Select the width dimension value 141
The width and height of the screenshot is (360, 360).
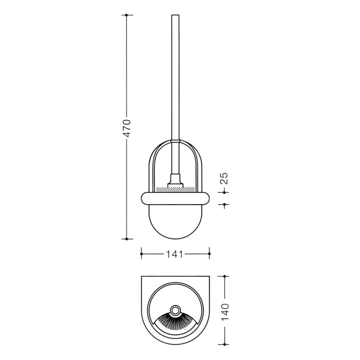pyautogui.click(x=175, y=253)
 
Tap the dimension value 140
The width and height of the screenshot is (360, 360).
pyautogui.click(x=225, y=311)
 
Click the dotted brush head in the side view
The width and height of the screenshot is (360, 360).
pyautogui.click(x=175, y=189)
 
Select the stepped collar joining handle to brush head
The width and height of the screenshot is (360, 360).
pyautogui.click(x=175, y=181)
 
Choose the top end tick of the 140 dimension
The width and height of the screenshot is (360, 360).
pyautogui.click(x=225, y=277)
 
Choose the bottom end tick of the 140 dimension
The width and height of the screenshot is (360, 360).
pyautogui.click(x=225, y=345)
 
